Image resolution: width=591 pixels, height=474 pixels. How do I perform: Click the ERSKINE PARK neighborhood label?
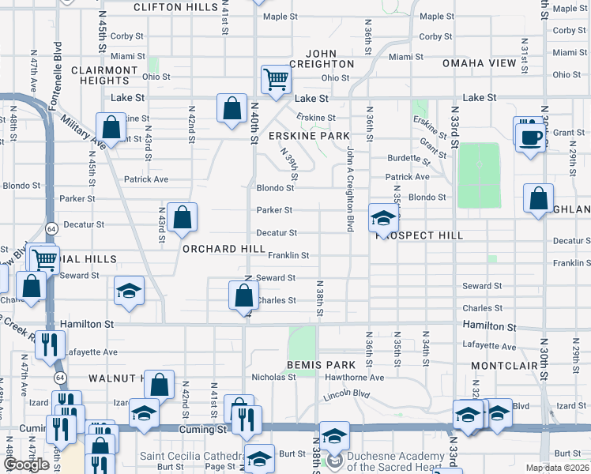(x=309, y=136)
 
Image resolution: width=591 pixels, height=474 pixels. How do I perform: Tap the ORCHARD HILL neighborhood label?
(x=224, y=249)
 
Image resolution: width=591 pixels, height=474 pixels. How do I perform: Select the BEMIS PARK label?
(x=317, y=365)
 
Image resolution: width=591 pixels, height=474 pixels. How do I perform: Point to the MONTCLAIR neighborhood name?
(x=505, y=367)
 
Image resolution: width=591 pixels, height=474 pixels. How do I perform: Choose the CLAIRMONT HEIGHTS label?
(x=105, y=75)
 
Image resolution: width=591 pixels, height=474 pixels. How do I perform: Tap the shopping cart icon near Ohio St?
(x=277, y=78)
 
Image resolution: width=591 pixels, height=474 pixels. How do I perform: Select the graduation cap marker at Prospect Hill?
(x=382, y=219)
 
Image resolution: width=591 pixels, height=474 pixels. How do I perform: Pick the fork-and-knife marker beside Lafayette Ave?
(x=49, y=344)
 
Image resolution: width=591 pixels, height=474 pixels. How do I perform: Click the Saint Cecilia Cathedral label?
(x=190, y=456)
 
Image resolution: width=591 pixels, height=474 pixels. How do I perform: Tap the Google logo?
(x=27, y=465)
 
